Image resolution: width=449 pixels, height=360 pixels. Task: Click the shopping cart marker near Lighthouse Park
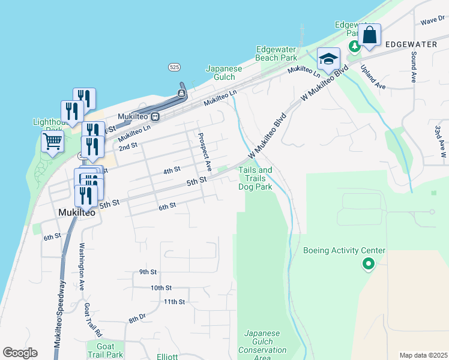52,142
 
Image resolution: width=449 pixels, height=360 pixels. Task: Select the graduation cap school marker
328,59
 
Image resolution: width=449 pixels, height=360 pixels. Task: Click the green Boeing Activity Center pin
368,263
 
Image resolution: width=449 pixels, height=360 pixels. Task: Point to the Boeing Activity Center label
344,251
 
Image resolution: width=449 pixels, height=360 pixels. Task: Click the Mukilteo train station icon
155,116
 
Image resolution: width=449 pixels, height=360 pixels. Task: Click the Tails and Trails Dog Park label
255,179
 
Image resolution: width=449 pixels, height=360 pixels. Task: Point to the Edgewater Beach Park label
276,53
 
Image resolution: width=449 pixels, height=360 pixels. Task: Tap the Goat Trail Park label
105,350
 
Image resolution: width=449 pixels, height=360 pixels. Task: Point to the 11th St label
174,302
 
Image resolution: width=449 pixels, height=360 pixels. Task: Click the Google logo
20,353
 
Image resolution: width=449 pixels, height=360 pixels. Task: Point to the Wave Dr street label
432,21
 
